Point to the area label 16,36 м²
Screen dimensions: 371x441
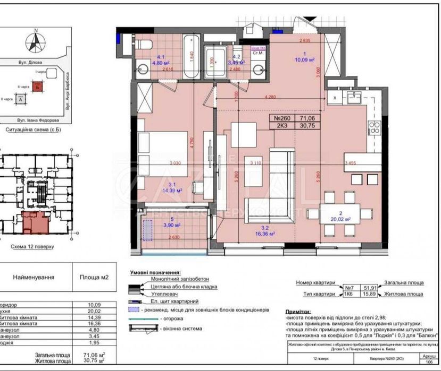(264, 232)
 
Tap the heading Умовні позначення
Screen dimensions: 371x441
(155, 271)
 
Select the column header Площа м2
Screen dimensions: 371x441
(93, 277)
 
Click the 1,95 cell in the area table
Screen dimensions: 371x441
(93, 342)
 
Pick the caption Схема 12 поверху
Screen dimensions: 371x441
(32, 247)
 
